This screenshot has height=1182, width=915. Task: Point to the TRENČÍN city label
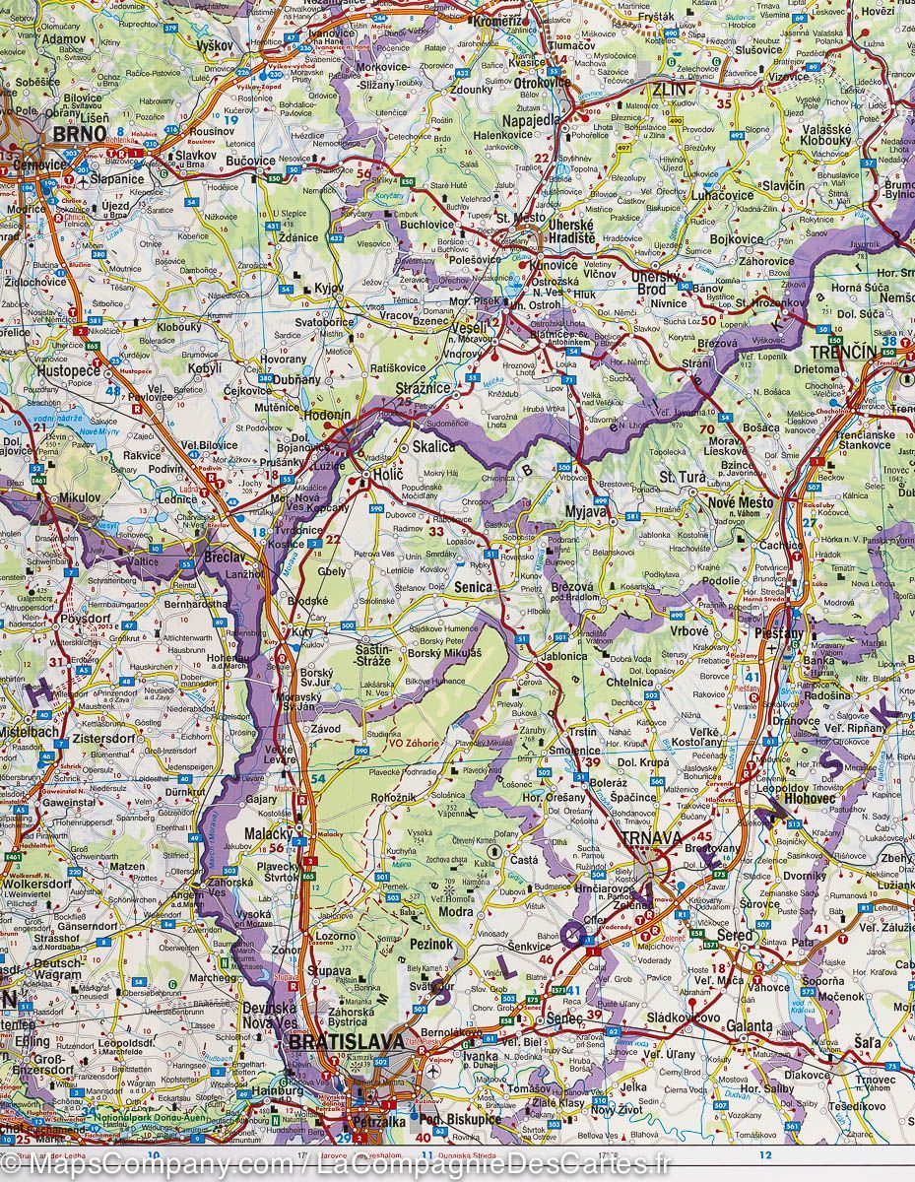point(843,352)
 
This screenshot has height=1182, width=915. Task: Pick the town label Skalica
point(433,446)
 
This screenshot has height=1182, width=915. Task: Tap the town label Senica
point(474,587)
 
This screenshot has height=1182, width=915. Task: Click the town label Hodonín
point(327,416)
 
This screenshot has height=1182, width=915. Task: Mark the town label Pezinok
point(431,944)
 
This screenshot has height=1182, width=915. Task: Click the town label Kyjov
point(327,288)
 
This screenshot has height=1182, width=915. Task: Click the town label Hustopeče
point(69,372)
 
